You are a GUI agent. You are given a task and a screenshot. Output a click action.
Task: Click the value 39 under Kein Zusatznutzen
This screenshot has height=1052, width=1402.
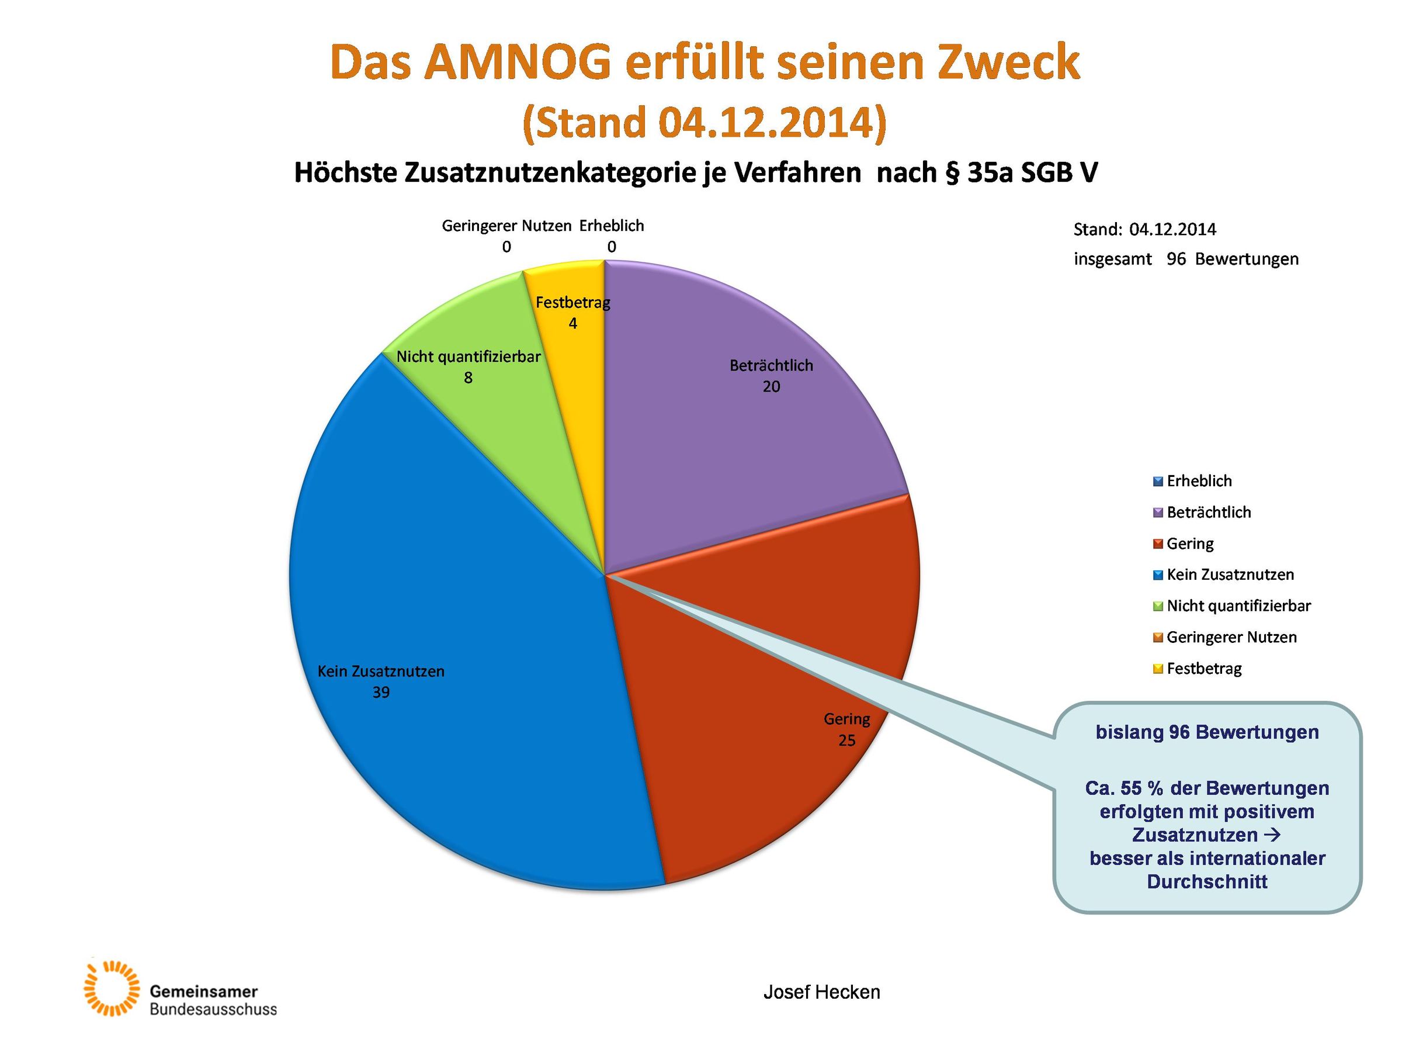pyautogui.click(x=381, y=693)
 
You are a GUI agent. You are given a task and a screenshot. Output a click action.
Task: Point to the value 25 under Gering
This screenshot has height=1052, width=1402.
pyautogui.click(x=847, y=740)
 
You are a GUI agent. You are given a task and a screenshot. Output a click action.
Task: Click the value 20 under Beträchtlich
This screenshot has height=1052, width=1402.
pyautogui.click(x=771, y=387)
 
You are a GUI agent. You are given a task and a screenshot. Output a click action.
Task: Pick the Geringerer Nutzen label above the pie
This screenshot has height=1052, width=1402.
pyautogui.click(x=506, y=226)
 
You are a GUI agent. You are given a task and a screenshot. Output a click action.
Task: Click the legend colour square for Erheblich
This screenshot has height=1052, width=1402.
pyautogui.click(x=1158, y=482)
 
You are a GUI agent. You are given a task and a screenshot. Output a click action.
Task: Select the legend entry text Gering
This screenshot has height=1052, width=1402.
pyautogui.click(x=1190, y=544)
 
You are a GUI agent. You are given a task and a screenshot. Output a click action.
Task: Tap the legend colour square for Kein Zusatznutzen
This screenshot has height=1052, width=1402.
pyautogui.click(x=1158, y=575)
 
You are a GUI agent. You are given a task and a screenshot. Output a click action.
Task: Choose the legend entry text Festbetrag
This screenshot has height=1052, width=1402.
pyautogui.click(x=1203, y=669)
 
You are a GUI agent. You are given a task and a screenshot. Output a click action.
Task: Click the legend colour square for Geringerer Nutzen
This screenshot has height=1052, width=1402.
pyautogui.click(x=1158, y=637)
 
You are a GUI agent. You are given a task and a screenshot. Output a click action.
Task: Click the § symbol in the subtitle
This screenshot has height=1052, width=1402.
pyautogui.click(x=952, y=172)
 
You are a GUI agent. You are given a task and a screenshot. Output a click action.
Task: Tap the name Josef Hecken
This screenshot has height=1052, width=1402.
pyautogui.click(x=821, y=992)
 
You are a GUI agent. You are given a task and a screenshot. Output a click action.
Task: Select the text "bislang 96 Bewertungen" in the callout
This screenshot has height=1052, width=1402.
pyautogui.click(x=1207, y=732)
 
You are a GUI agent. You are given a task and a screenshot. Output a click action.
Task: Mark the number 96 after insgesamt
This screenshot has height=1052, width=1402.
pyautogui.click(x=1176, y=259)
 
